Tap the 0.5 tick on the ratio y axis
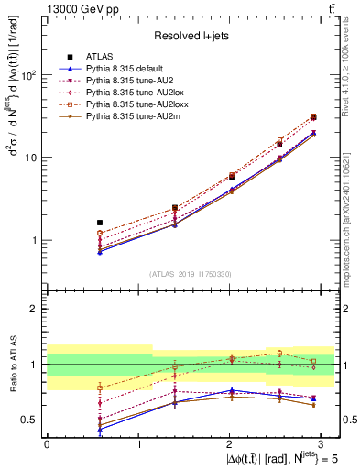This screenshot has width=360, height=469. point(28,420)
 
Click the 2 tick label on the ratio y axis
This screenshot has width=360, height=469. point(33,309)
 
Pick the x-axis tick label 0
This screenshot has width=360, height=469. point(47,442)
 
